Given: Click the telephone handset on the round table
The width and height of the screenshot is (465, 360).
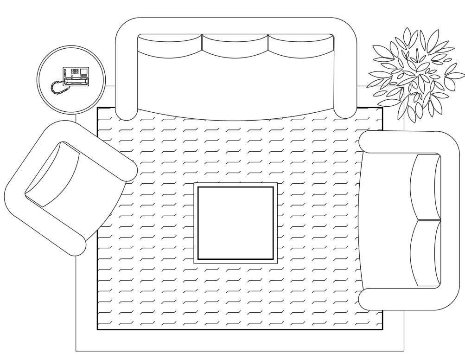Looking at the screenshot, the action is [x=75, y=81].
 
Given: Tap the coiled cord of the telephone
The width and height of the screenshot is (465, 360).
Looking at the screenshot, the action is [x=57, y=88].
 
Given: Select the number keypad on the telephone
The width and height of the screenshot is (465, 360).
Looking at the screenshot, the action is [x=74, y=72].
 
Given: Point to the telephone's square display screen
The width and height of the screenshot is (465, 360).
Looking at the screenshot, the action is [x=84, y=71].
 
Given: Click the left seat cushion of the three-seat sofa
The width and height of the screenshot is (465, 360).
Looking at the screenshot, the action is [x=170, y=46].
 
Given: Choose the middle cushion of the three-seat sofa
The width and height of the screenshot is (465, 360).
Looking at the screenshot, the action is [x=235, y=46].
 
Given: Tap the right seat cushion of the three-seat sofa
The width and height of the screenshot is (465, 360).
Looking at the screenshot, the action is [x=301, y=46].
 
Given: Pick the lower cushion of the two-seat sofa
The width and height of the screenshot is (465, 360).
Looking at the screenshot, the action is [x=426, y=253].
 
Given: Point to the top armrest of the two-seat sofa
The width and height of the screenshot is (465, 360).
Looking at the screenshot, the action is [x=408, y=142].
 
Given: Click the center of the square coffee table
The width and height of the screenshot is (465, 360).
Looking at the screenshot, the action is [x=235, y=223].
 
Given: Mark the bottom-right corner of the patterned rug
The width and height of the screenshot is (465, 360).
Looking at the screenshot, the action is [x=382, y=329].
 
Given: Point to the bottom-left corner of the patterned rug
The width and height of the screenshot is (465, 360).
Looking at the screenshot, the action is [x=97, y=329].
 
